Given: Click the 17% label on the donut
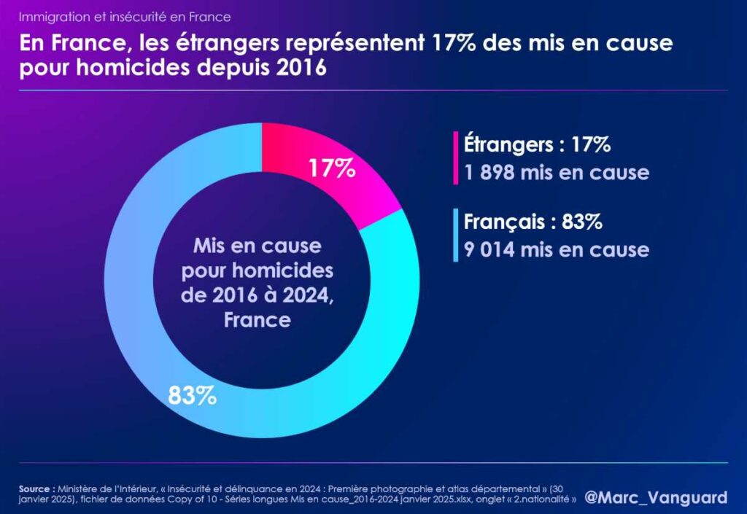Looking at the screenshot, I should tap(331, 169).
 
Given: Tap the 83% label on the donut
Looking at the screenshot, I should tap(192, 396).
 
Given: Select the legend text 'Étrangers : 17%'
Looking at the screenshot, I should tap(537, 144).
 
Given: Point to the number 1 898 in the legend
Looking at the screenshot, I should tap(489, 173).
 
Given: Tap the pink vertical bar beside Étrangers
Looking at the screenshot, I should tap(456, 158).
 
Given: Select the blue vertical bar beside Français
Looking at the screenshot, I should tap(456, 235).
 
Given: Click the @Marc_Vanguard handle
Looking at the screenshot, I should tap(656, 497).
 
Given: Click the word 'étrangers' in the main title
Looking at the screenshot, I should tap(201, 44).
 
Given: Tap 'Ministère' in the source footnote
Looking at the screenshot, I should tap(80, 488).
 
